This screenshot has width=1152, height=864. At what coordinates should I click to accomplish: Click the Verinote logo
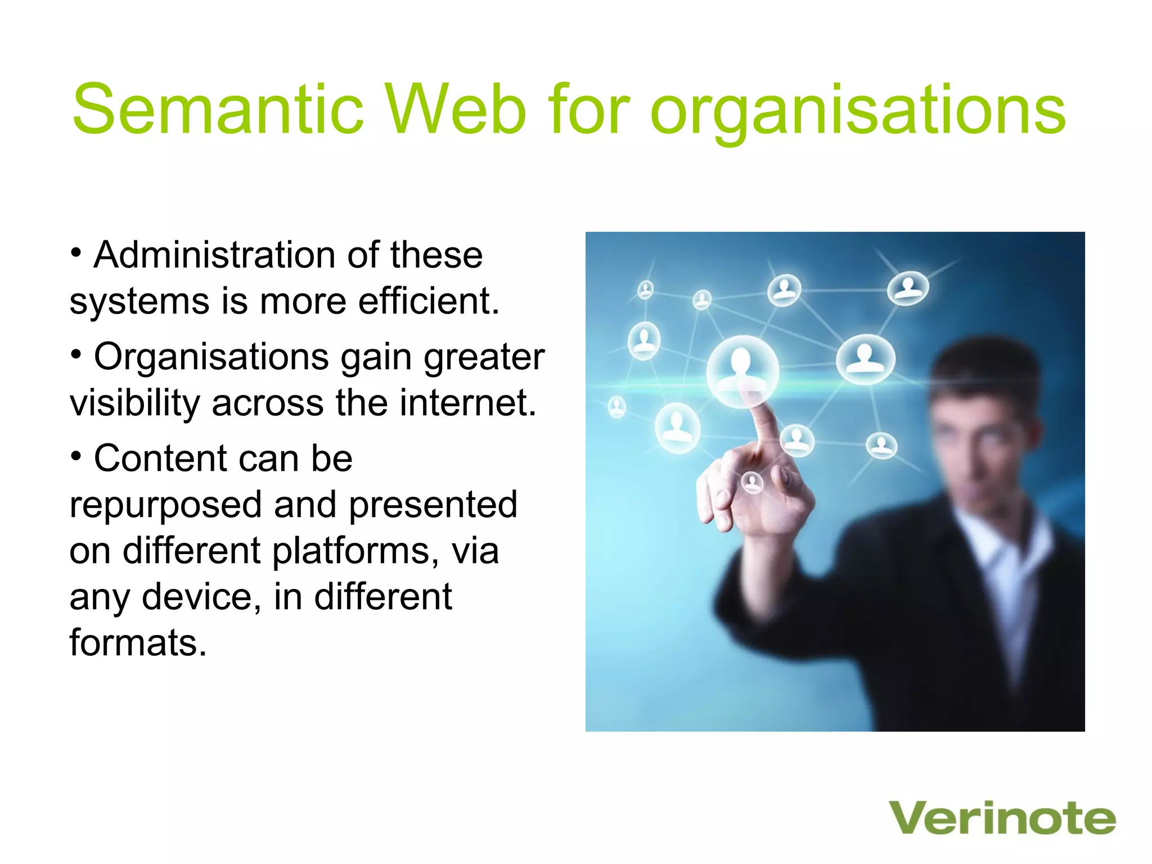tap(1002, 818)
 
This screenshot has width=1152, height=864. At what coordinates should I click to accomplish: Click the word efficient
tap(429, 301)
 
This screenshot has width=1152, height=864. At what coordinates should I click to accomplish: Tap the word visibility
tap(135, 404)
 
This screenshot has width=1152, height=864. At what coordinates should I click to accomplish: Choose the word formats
tap(138, 643)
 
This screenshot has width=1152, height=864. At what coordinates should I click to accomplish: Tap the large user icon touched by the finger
tap(742, 368)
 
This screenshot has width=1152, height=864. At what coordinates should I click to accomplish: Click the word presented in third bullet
tap(433, 505)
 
